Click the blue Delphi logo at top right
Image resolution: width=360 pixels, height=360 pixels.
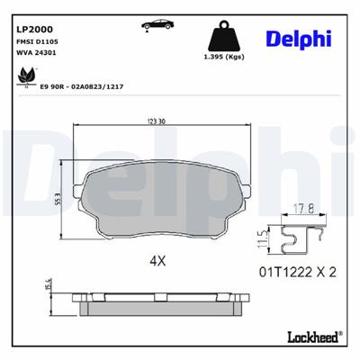(x=299, y=39)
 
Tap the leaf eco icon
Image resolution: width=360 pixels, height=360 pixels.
(x=22, y=78)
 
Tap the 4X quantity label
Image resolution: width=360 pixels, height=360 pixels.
(x=158, y=261)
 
